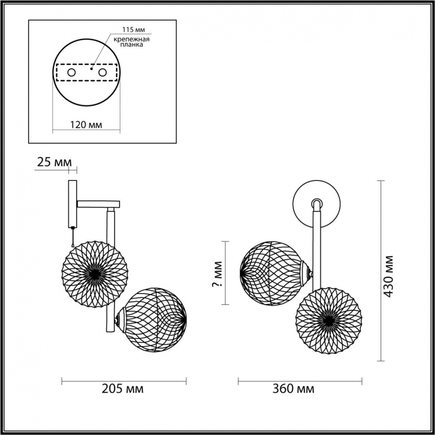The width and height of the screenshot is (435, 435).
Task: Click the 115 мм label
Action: [x=134, y=29]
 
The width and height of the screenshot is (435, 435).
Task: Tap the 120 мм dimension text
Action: [x=86, y=125]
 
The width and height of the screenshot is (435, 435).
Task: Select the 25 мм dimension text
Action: [x=54, y=162]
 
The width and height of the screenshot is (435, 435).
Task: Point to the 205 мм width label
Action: [x=122, y=389]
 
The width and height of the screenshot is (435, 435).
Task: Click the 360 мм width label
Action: [x=294, y=389]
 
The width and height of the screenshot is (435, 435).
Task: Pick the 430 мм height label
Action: [x=389, y=276]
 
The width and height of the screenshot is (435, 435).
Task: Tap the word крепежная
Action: [x=131, y=39]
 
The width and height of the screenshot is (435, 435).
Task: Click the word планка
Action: [x=131, y=45]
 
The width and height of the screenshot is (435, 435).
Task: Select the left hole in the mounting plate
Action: [x=71, y=72]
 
